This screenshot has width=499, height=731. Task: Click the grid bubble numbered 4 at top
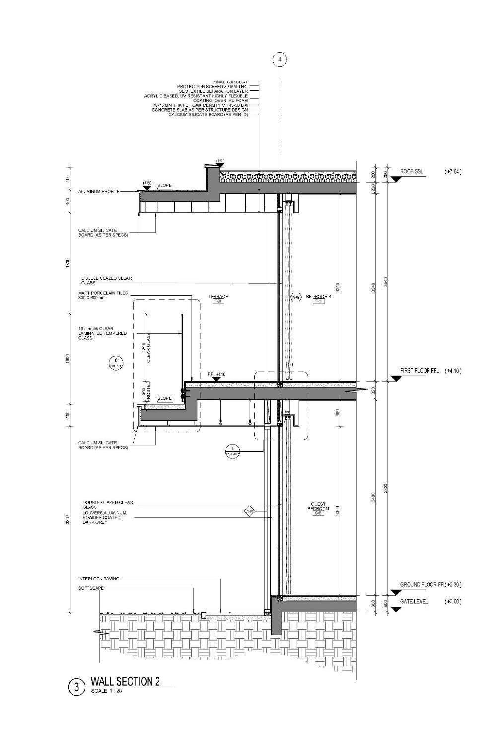[280, 60]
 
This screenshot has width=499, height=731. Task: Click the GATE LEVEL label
[414, 601]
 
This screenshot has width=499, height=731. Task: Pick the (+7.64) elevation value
[453, 172]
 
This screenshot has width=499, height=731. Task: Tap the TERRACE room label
[218, 297]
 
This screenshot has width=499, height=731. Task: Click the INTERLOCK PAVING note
[98, 579]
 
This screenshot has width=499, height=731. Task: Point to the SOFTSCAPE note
[91, 587]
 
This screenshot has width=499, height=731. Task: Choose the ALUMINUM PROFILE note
[99, 191]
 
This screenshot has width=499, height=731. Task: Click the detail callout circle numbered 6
[115, 361]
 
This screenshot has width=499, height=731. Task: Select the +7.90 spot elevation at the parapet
[220, 160]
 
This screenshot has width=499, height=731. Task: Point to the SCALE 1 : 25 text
[106, 691]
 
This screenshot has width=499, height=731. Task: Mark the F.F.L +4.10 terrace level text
[216, 373]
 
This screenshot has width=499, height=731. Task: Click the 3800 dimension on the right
[386, 488]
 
